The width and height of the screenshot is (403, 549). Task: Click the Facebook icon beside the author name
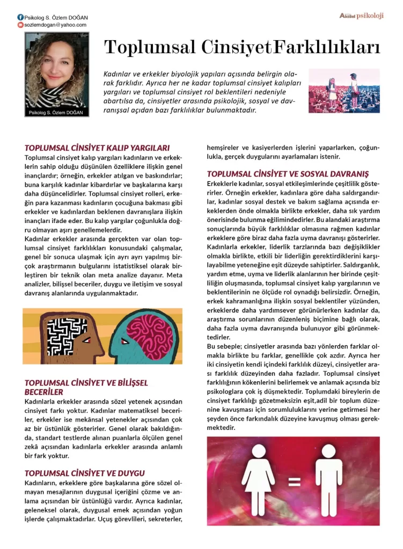(x=21, y=17)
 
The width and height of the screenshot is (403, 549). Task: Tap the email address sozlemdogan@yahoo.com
(x=55, y=25)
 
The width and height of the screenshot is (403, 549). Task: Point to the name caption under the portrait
(x=56, y=113)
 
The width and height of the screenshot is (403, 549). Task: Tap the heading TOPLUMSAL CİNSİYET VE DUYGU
(x=85, y=473)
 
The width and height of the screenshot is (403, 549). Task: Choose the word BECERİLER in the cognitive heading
(x=44, y=392)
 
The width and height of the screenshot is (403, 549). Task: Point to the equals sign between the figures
(x=294, y=482)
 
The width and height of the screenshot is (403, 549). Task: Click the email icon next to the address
(x=20, y=25)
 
